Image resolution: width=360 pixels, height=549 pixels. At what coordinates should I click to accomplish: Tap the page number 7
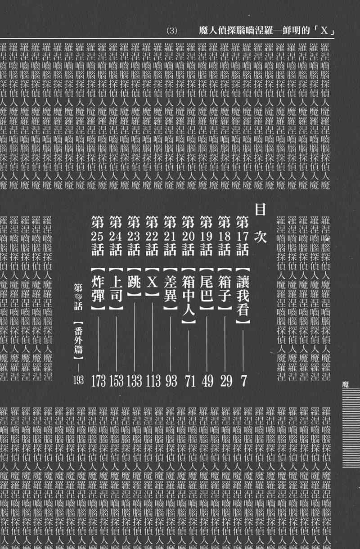pos(243,381)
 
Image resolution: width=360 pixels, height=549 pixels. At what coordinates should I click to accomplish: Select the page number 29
pos(226,381)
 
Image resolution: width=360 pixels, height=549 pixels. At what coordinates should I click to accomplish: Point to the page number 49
pos(207,381)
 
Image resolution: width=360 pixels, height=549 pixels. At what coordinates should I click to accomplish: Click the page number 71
pos(189,381)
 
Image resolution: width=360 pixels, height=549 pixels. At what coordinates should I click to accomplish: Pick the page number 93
pos(171,381)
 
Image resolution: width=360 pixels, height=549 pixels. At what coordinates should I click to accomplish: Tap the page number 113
pos(153,381)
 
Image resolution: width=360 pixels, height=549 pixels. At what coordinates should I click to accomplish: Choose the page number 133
pos(135,381)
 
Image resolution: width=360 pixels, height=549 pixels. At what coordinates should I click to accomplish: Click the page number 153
pos(116,381)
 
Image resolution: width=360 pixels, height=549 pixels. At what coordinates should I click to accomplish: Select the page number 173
pos(98,381)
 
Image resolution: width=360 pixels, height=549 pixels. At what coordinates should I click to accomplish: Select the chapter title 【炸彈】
pos(98,287)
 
